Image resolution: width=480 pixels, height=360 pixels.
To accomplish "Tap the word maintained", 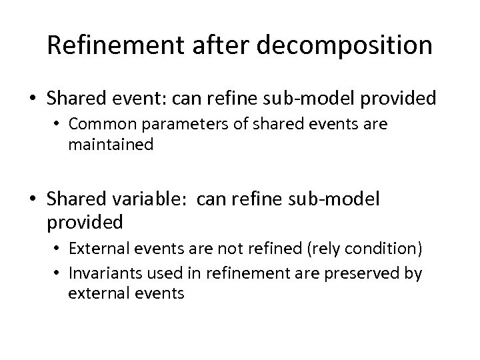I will tap(111, 143).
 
